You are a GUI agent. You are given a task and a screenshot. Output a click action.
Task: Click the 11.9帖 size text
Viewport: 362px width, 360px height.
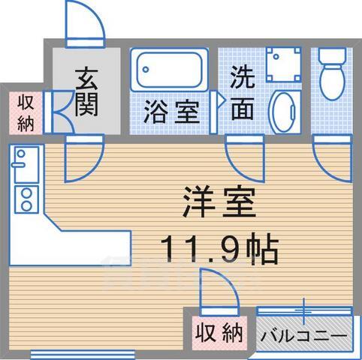[x=218, y=247]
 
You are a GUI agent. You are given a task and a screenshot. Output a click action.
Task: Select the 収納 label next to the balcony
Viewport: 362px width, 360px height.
[x=220, y=330]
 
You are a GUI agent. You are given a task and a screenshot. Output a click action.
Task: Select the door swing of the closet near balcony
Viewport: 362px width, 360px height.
[x=219, y=289]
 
